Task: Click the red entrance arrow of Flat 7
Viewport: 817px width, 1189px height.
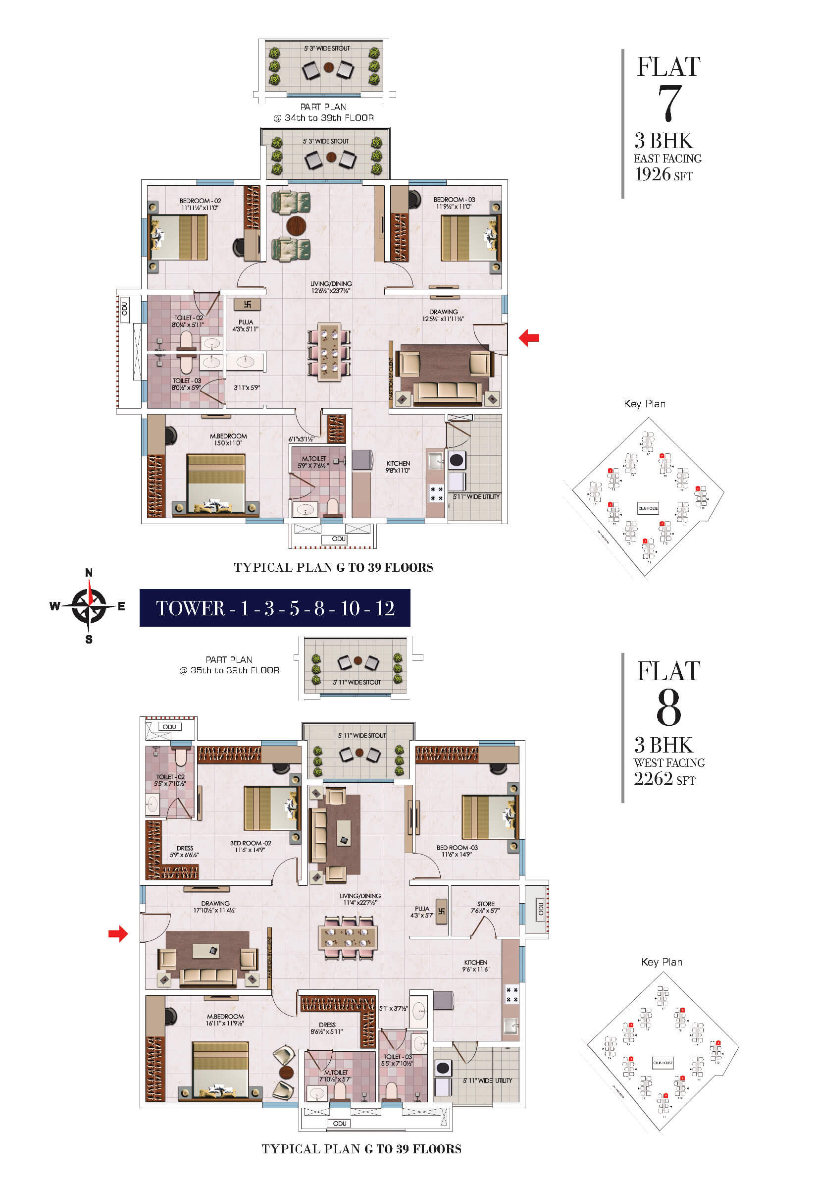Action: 529,338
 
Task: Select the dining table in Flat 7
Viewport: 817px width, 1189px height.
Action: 329,351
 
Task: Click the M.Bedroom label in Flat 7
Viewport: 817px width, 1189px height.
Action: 228,439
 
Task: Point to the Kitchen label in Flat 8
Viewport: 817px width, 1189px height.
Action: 475,966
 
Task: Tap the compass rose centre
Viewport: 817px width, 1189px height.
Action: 89,606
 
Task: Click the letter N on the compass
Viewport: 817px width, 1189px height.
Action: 89,573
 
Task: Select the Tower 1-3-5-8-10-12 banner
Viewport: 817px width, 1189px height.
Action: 275,608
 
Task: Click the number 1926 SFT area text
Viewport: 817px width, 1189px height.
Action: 663,174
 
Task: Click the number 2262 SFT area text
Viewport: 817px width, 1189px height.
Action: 664,779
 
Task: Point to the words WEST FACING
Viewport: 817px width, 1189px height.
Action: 669,762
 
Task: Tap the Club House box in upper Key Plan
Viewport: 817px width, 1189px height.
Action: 648,508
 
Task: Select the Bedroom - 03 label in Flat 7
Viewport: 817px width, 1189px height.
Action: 454,203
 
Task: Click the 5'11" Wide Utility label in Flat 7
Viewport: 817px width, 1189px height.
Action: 476,497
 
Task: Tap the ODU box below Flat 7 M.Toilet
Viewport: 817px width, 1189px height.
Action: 338,539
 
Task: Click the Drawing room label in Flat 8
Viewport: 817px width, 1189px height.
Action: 215,907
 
